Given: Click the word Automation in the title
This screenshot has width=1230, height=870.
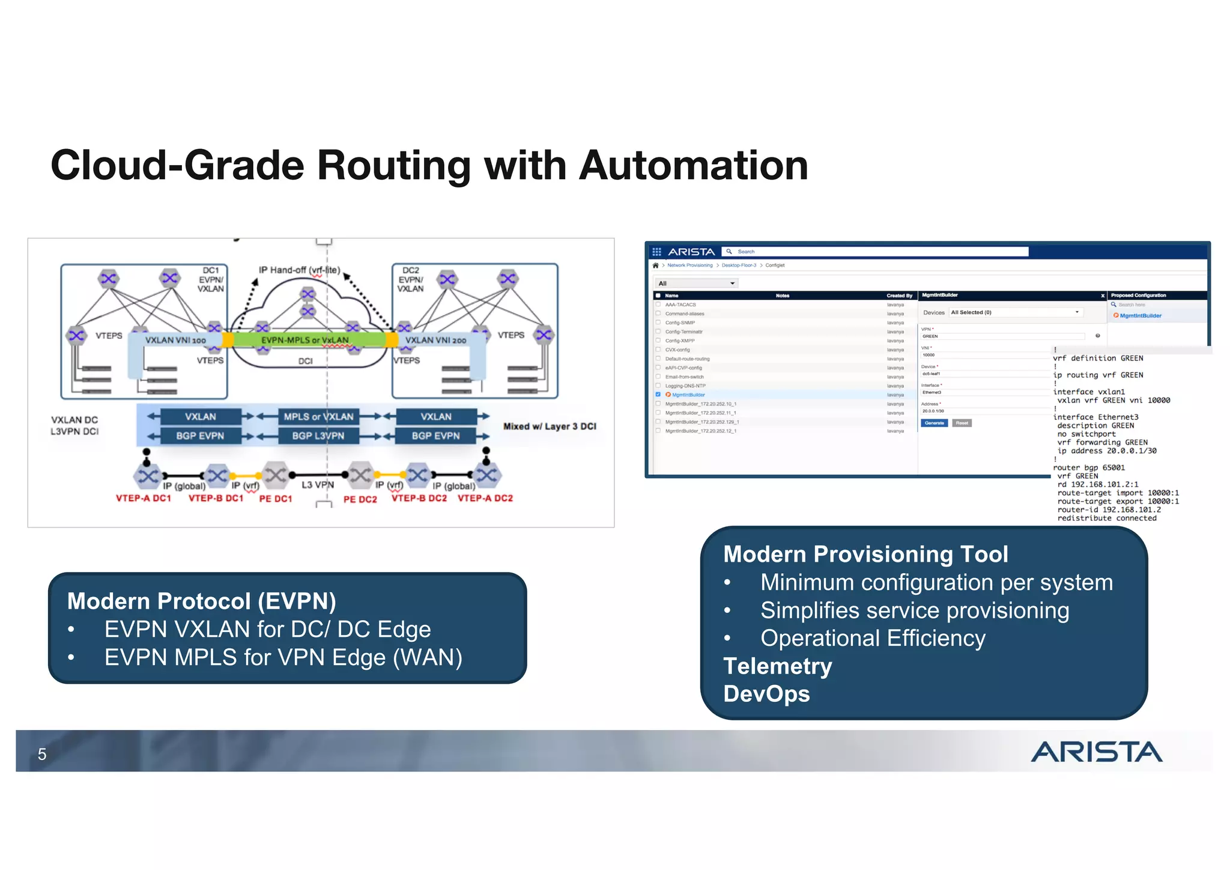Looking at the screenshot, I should [693, 165].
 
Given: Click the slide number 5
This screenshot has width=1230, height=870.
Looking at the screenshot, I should [42, 754].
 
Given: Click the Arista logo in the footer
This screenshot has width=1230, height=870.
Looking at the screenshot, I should [1096, 752].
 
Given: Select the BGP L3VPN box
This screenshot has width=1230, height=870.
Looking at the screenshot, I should [318, 436].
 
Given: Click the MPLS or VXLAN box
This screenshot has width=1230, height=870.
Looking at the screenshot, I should [318, 416].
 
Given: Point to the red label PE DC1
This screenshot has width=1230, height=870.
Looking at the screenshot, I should [276, 499].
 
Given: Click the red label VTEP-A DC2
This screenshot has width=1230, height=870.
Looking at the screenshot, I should [485, 498].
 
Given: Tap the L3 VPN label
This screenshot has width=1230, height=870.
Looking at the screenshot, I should [318, 484].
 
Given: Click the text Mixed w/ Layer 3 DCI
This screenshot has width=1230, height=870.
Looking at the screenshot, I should [550, 426].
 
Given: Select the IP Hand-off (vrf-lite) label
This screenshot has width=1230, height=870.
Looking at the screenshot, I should [299, 270].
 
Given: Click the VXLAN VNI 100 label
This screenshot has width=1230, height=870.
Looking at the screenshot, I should [175, 340].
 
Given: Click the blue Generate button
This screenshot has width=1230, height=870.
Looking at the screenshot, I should [934, 423].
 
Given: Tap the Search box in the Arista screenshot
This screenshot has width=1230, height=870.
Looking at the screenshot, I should [877, 252].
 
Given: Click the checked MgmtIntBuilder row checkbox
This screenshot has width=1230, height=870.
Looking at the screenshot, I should [658, 395].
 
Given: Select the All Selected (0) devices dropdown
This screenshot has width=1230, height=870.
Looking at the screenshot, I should [1015, 312].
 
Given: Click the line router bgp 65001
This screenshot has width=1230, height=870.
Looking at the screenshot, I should [1089, 467].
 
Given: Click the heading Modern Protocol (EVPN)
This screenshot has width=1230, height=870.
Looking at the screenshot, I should [201, 601].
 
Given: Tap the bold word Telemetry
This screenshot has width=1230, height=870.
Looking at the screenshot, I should [778, 666].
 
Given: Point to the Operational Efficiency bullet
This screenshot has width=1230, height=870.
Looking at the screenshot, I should [873, 638].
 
